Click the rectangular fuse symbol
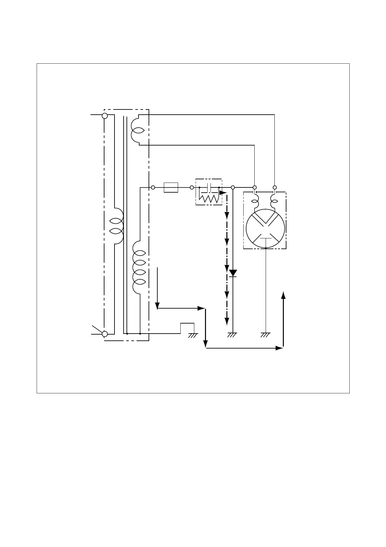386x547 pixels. tap(171, 187)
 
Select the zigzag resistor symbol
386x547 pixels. tap(209, 198)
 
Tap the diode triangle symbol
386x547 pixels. tap(233, 273)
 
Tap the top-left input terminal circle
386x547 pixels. tap(105, 116)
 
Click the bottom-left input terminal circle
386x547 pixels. tap(105, 334)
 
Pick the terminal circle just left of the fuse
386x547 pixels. tap(153, 187)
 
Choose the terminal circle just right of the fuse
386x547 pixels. tap(192, 187)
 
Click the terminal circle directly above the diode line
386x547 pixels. tap(233, 187)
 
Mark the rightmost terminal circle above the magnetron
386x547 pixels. tap(275, 187)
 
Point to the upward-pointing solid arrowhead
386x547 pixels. tap(283, 294)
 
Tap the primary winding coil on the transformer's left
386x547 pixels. tap(117, 226)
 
